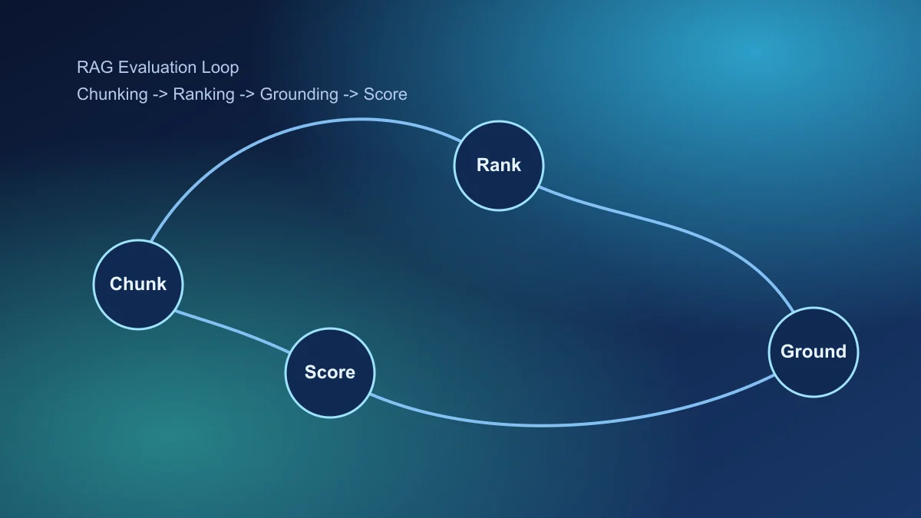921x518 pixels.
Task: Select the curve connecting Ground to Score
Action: point(553,424)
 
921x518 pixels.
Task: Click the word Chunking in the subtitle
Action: point(112,94)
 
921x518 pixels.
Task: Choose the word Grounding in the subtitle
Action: point(299,94)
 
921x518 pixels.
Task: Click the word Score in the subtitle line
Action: point(385,94)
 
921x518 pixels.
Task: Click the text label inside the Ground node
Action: point(814,351)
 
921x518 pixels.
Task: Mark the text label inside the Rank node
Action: point(499,165)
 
